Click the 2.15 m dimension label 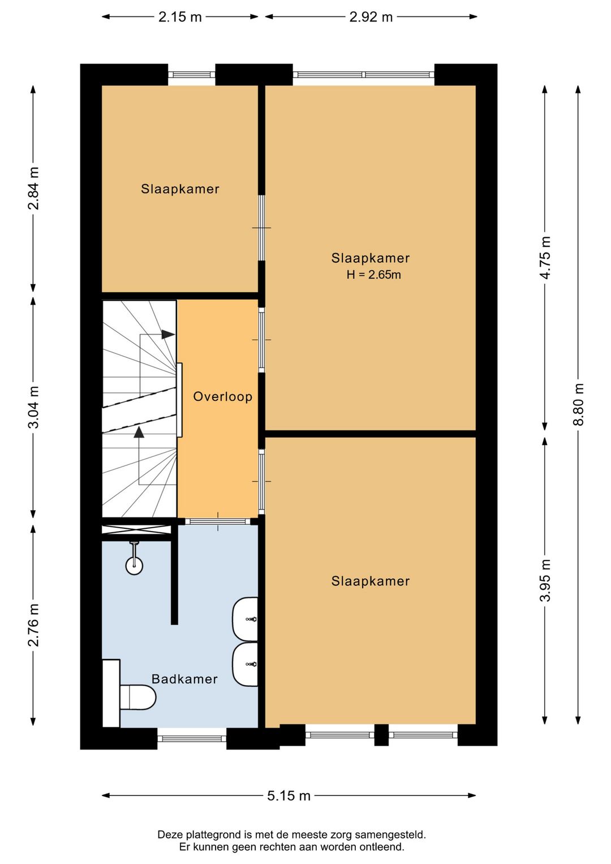[x=180, y=17]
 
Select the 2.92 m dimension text [x=371, y=17]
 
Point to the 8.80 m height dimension [x=578, y=404]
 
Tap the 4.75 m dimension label [x=545, y=257]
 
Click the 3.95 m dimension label [x=545, y=580]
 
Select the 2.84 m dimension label [x=33, y=188]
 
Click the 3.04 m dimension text [x=33, y=407]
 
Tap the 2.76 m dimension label [x=33, y=625]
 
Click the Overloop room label [x=223, y=396]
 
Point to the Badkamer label [x=184, y=679]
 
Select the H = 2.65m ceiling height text [x=373, y=275]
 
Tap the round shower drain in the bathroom [x=134, y=566]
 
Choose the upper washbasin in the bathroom [x=245, y=619]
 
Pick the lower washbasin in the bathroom [x=245, y=664]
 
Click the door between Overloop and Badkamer [x=218, y=521]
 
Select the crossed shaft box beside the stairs [x=136, y=530]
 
